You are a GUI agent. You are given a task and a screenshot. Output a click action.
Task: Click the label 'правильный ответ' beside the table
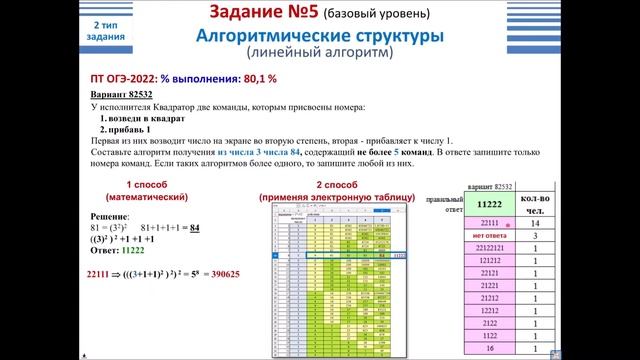tap(445, 205)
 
